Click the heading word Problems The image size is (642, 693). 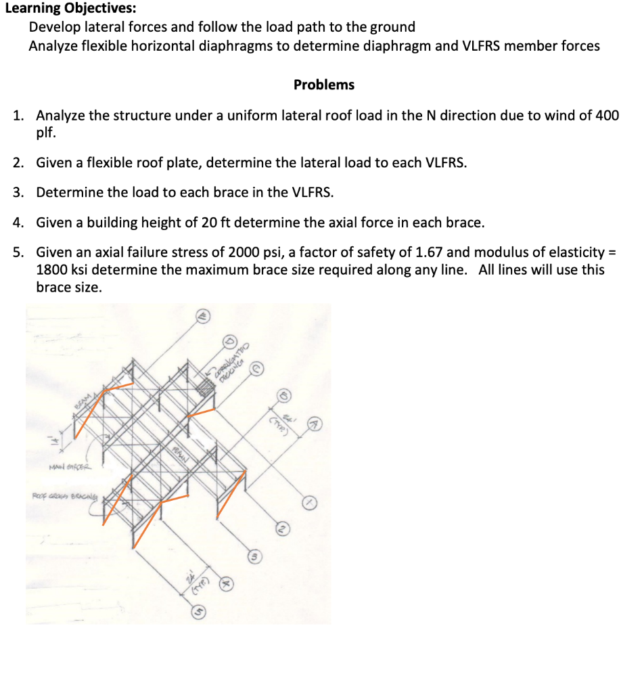pyautogui.click(x=323, y=85)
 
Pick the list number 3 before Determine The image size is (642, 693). pyautogui.click(x=18, y=192)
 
